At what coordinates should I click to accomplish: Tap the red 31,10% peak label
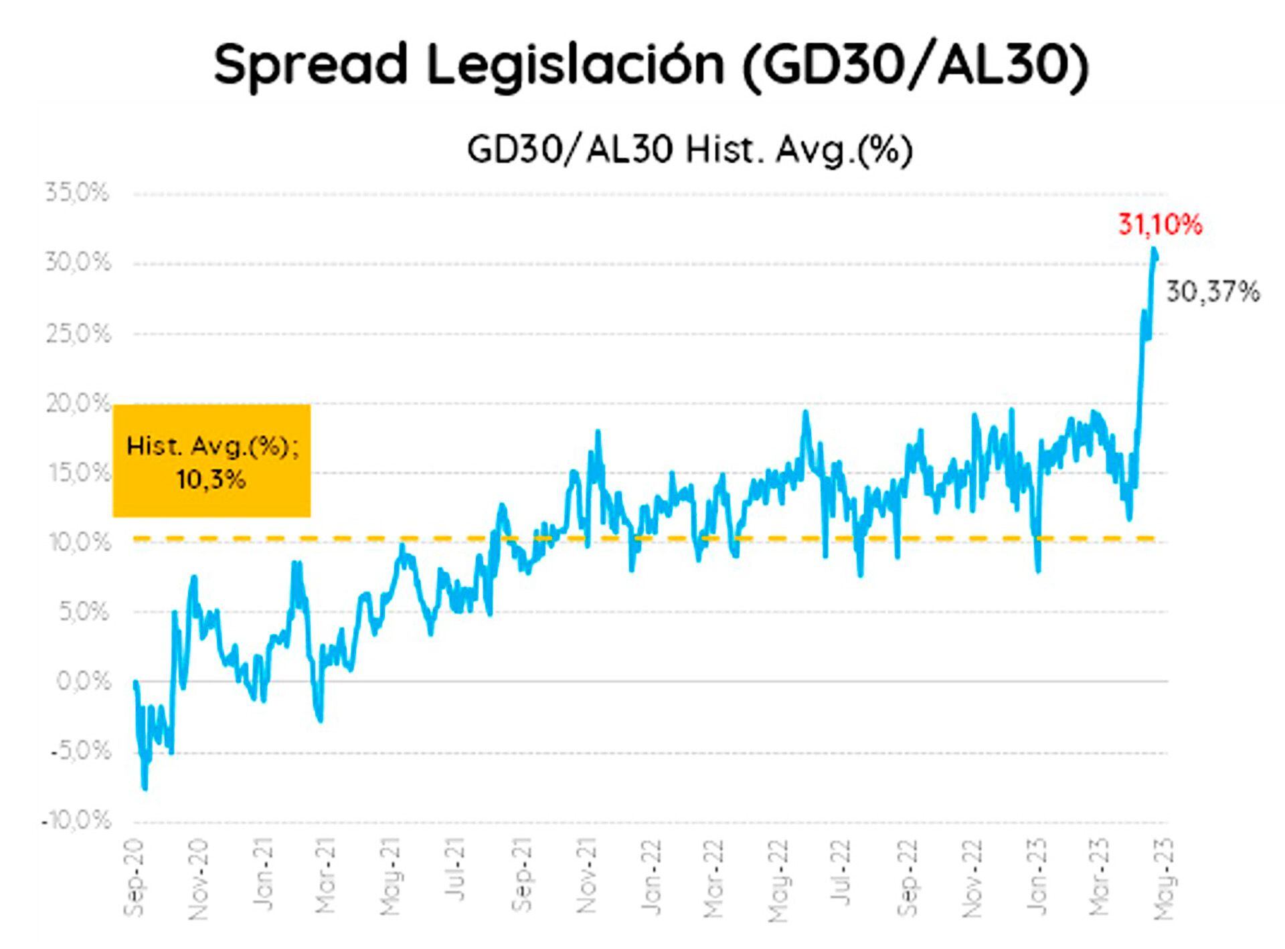[x=1160, y=225]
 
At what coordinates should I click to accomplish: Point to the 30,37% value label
[x=1213, y=292]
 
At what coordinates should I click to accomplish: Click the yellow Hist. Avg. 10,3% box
[x=211, y=461]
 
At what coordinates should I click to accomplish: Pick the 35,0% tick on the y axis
[x=77, y=193]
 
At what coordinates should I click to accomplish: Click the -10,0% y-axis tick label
[x=76, y=821]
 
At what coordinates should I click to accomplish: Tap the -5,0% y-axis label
[x=80, y=751]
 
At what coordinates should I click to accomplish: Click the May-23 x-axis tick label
[x=1165, y=877]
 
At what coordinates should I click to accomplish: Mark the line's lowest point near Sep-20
[x=145, y=788]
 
